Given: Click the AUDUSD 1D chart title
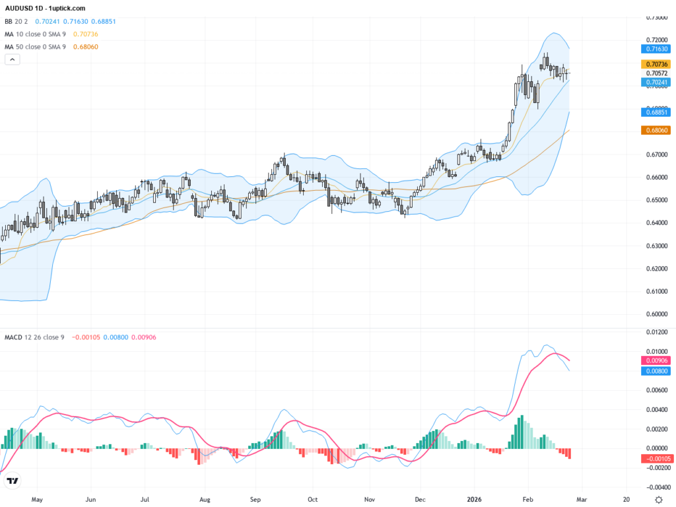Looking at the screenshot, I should pos(45,8).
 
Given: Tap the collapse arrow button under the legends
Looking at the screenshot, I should pos(13,59).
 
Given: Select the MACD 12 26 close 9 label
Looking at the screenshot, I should pos(35,337).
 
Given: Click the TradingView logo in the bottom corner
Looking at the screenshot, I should pos(13,481).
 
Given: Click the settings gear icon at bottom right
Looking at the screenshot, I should pos(658,500).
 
